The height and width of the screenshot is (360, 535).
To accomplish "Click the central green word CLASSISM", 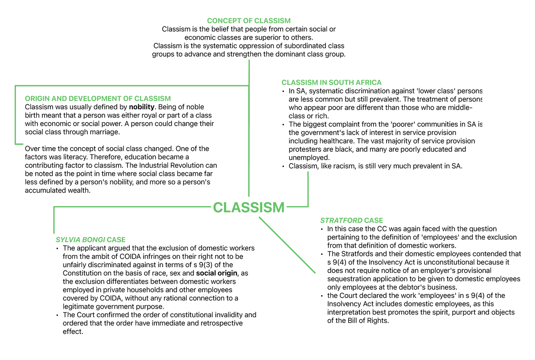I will [x=248, y=207].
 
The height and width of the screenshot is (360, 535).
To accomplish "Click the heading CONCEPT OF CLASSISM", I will [x=249, y=21].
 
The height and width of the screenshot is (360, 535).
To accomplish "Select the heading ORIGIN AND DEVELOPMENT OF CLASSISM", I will [x=98, y=99].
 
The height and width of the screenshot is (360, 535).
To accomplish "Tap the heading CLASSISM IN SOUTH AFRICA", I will [x=331, y=83].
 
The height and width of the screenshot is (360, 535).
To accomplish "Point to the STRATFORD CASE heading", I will [x=351, y=220].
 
